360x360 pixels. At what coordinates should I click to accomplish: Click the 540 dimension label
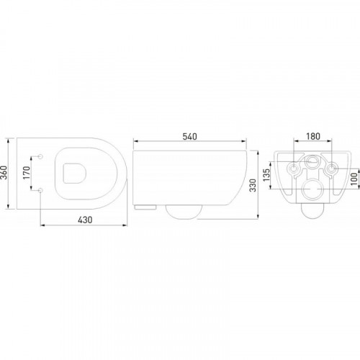point(189,136)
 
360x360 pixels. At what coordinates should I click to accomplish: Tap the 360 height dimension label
point(4,173)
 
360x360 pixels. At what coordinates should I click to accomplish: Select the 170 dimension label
point(27,173)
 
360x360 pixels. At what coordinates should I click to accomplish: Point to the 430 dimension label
point(85,220)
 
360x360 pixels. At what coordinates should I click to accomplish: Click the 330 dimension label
point(253,185)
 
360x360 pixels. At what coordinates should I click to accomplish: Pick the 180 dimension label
point(313,136)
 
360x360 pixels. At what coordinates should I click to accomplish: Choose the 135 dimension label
point(266,175)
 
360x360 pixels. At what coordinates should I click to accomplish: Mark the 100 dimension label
point(354,179)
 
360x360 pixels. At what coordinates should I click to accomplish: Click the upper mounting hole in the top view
point(40,156)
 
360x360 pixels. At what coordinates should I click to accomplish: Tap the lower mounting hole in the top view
point(40,190)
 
